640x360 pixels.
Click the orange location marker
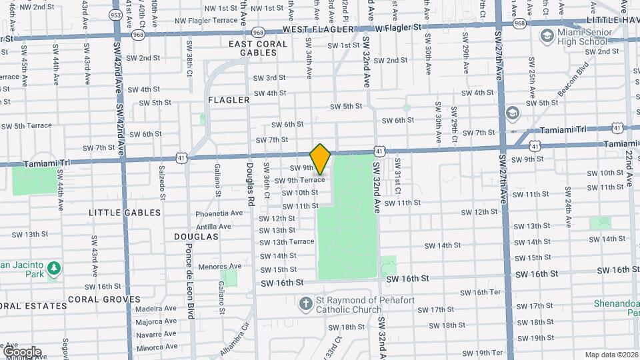(320, 159)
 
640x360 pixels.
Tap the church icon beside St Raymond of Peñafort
(305, 303)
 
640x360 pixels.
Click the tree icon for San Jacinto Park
(53, 269)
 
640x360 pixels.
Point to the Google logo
(22, 352)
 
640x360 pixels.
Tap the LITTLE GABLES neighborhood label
(125, 213)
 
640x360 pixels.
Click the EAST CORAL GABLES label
(258, 48)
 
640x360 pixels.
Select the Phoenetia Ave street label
(219, 213)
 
